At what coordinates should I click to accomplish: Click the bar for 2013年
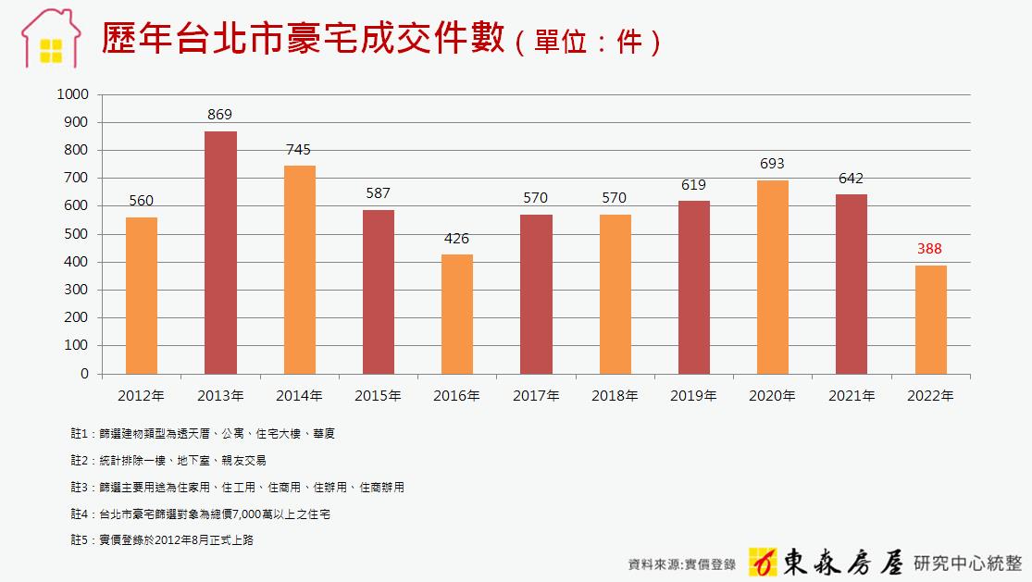(x=220, y=253)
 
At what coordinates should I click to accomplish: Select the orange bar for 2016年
(x=457, y=315)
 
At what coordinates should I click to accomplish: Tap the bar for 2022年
(x=930, y=320)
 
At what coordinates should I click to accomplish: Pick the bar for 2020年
(x=773, y=278)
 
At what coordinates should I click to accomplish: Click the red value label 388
(x=930, y=249)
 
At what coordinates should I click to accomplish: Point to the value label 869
(x=220, y=115)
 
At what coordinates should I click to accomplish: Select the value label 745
(x=299, y=149)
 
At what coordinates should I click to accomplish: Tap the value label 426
(x=457, y=238)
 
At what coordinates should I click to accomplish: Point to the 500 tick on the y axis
(x=76, y=234)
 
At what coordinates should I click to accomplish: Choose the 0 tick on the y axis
(x=84, y=374)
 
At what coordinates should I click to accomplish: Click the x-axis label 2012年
(x=142, y=396)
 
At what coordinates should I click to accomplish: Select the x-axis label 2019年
(x=693, y=396)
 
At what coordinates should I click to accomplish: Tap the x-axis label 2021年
(x=852, y=396)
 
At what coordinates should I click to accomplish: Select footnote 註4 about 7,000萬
(x=200, y=514)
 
